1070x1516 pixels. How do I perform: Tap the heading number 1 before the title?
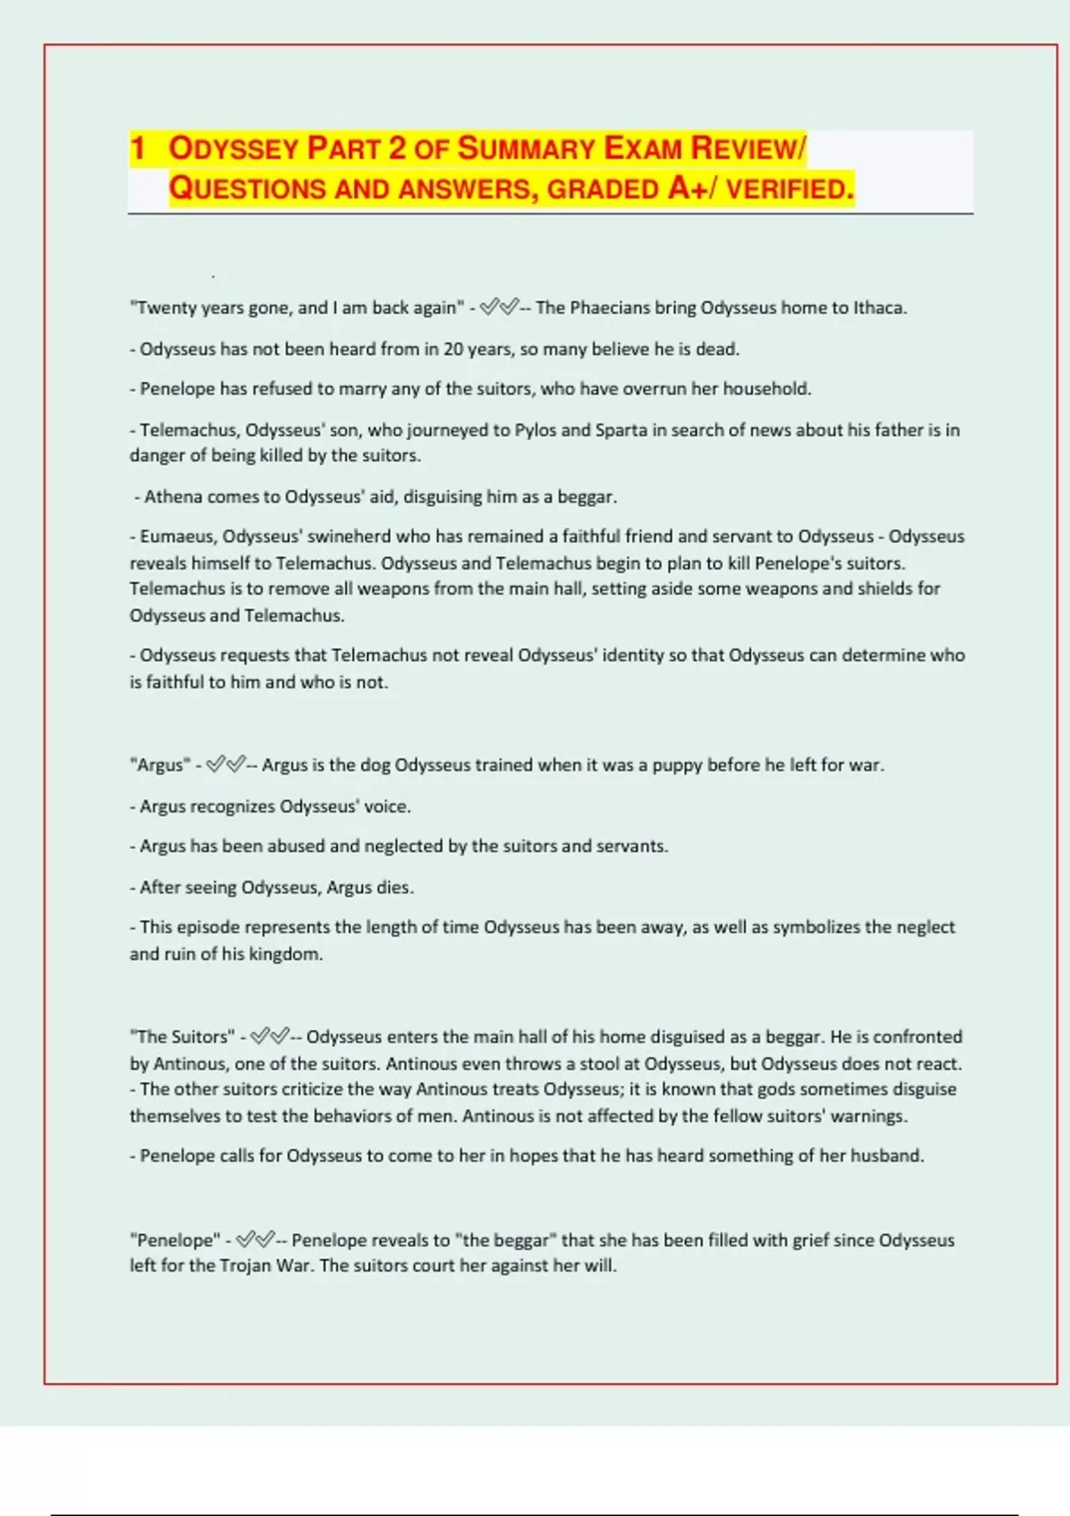coord(137,148)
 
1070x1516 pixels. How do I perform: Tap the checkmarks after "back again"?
coord(498,309)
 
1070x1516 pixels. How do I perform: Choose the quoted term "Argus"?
coord(160,765)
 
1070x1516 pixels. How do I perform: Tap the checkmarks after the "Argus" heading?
coord(225,765)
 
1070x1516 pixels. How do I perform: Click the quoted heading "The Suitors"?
coord(183,1037)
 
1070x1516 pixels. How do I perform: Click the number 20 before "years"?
coord(453,350)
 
